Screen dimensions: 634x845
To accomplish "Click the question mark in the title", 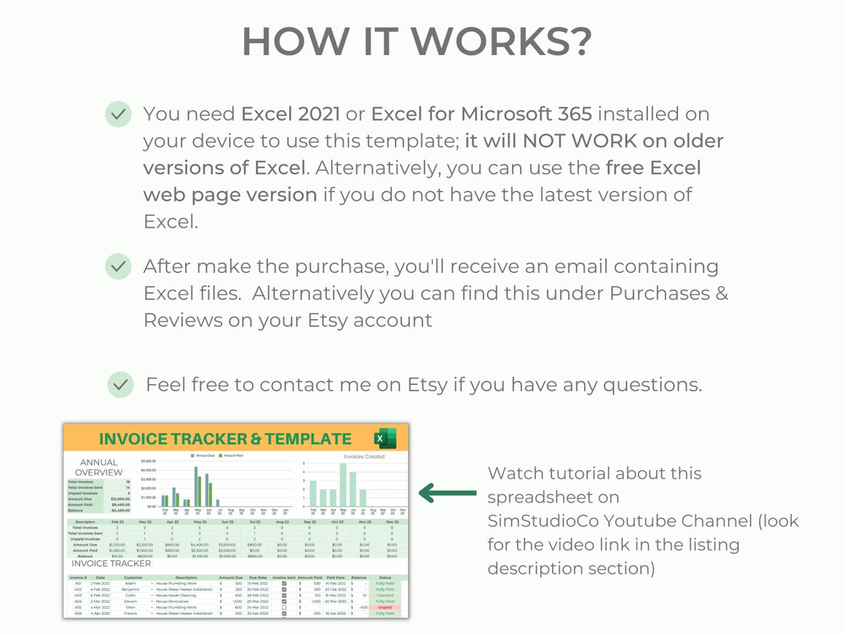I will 576,42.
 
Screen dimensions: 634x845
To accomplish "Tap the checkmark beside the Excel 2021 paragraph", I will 118,114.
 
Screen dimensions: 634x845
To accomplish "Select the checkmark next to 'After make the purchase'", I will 118,266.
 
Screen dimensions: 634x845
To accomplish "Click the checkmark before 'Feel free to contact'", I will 120,385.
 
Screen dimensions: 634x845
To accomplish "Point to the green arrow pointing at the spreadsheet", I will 448,492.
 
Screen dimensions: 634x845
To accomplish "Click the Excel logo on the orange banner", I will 385,438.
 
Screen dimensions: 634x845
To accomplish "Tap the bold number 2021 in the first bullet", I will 319,114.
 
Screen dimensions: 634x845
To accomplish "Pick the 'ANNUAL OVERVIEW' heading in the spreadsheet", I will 99,467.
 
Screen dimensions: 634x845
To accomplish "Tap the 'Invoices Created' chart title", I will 364,457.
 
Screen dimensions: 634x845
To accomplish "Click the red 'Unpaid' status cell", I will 385,607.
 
